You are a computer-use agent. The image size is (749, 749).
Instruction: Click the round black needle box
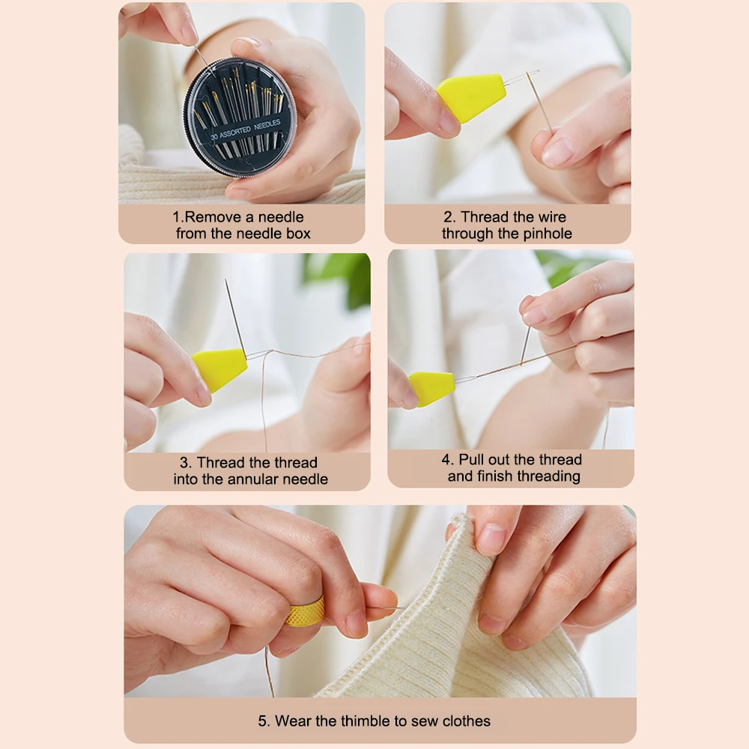tap(240, 118)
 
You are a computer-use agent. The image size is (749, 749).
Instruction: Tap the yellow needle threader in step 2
tap(470, 97)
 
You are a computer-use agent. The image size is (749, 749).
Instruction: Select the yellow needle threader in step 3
tap(219, 369)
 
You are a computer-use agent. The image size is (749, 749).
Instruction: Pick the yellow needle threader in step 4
tap(431, 388)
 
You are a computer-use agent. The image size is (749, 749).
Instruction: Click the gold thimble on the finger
tap(306, 612)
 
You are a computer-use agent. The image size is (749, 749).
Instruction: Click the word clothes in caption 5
tap(466, 721)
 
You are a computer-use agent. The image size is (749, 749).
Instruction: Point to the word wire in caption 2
tap(552, 217)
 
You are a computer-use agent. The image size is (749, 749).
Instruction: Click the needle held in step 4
tap(526, 345)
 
